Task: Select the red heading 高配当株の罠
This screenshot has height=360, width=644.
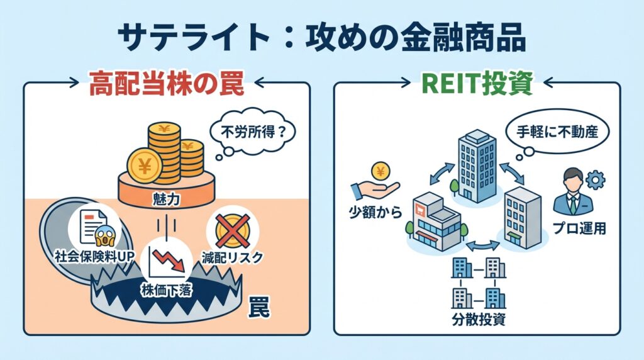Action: (x=166, y=86)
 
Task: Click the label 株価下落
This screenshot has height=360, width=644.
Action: (x=166, y=290)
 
